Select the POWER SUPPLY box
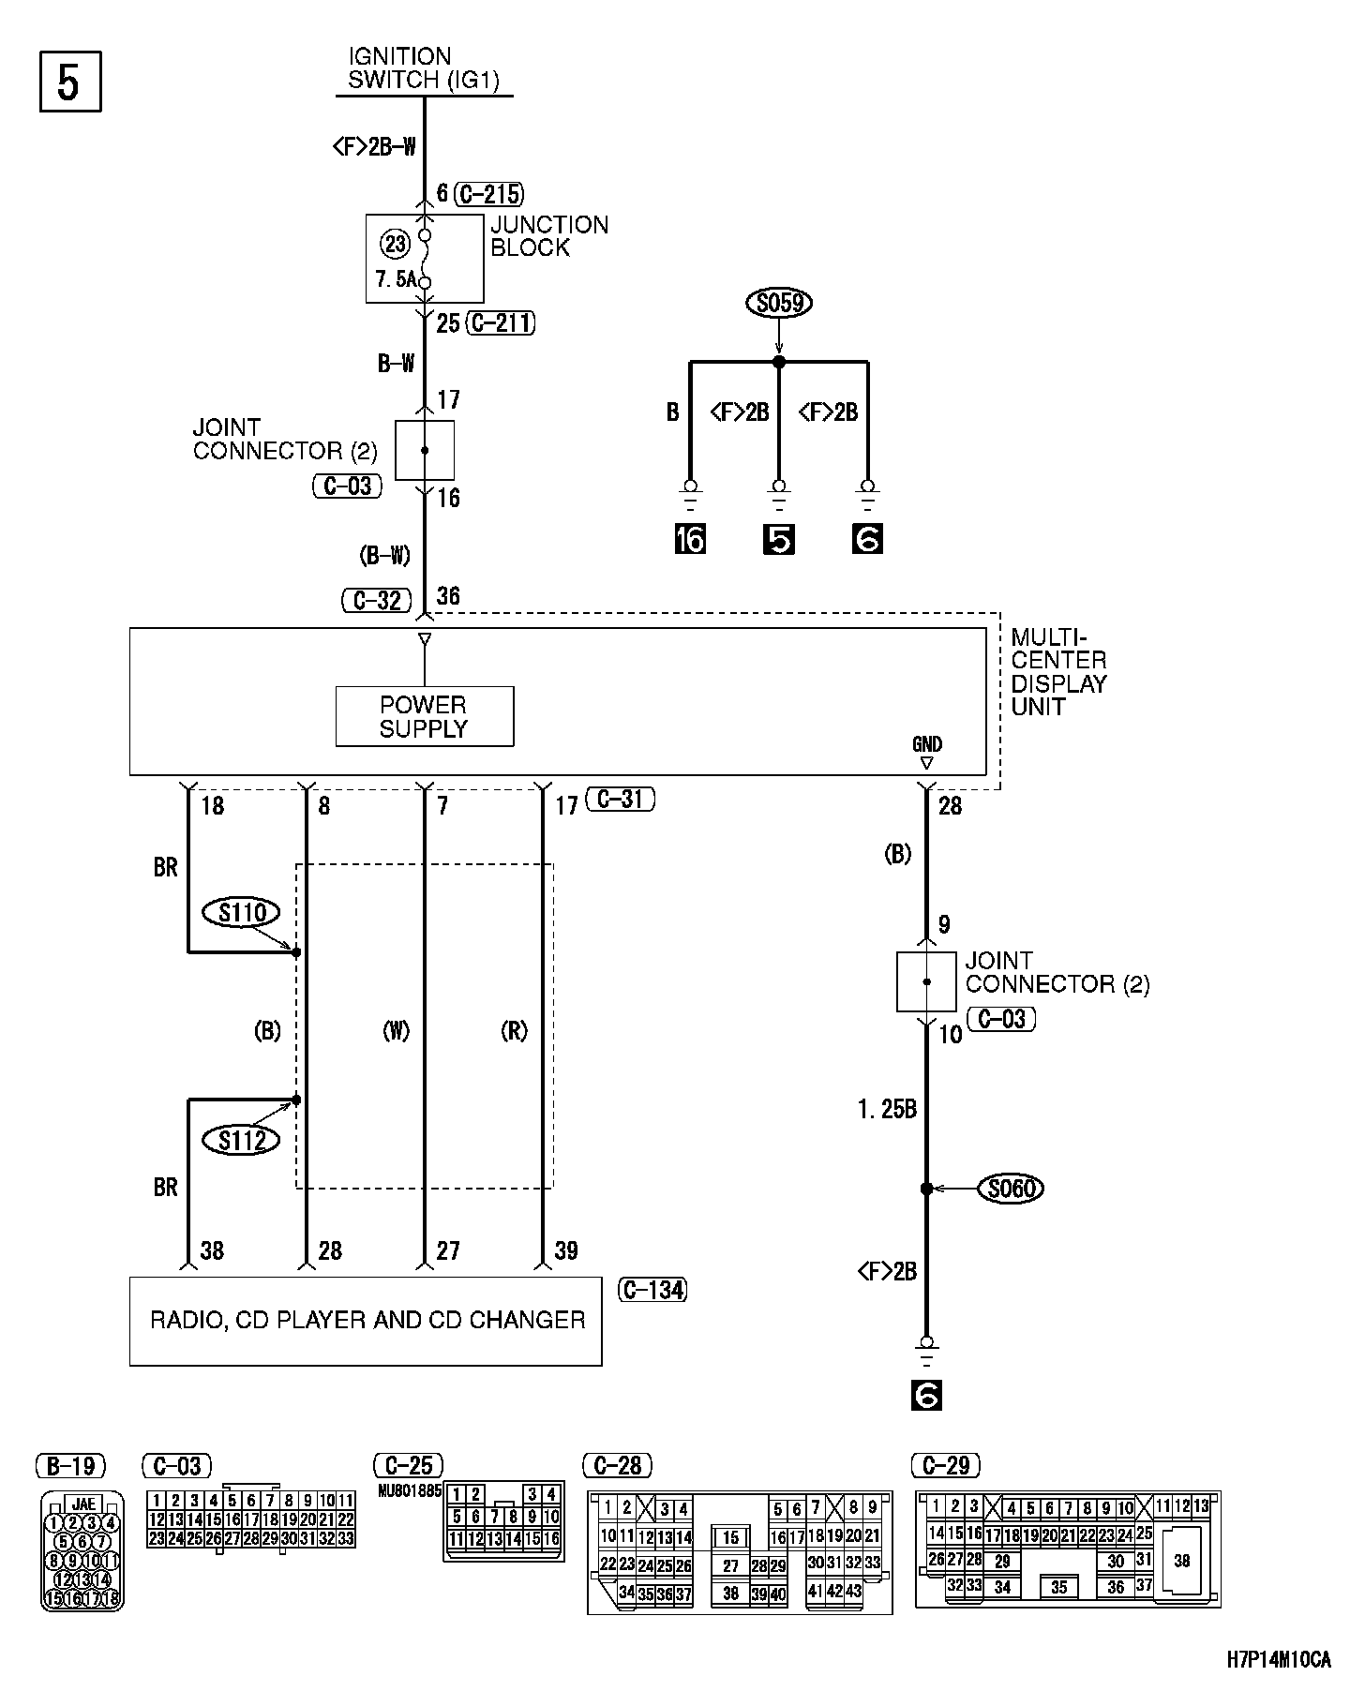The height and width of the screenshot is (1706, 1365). pos(424,717)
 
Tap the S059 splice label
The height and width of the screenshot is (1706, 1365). pos(778,303)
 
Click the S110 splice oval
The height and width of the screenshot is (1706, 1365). pos(243,912)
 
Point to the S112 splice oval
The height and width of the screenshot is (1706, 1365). pos(243,1140)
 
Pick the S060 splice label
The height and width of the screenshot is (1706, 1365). pos(1011,1189)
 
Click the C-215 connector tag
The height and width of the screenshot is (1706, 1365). pos(488,194)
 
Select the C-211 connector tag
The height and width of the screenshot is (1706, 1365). pos(501,323)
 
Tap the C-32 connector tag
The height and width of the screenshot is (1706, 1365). pos(377,600)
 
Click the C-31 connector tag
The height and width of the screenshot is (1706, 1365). pos(620,800)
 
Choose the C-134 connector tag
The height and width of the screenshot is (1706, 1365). pos(652,1290)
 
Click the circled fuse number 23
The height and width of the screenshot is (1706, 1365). pos(396,245)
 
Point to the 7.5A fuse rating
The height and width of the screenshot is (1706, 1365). pos(396,280)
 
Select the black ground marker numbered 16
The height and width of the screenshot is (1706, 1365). pos(690,540)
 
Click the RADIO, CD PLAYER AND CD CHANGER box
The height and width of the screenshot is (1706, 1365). pos(366,1321)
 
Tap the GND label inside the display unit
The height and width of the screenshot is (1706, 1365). pos(926,745)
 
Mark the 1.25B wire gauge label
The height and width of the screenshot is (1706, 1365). pos(887,1110)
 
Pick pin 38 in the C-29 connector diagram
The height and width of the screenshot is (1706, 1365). pos(1181,1561)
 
